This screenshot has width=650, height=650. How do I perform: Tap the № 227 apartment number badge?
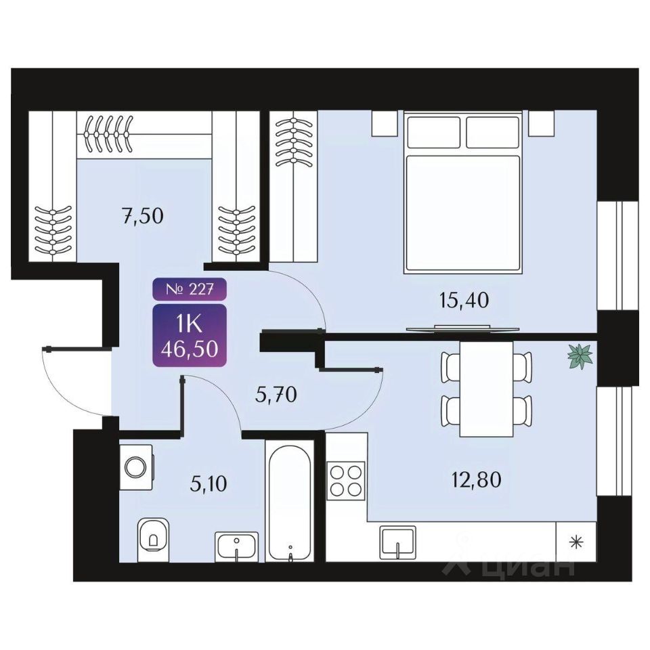pos(190,290)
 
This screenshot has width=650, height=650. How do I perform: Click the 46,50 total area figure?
pos(190,349)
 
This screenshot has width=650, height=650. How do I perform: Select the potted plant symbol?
pos(580,356)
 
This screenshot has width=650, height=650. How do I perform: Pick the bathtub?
pos(289,501)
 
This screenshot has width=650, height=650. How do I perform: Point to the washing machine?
pos(137,467)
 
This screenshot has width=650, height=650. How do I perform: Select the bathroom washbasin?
pos(236,545)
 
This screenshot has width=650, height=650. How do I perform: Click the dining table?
pos(485,389)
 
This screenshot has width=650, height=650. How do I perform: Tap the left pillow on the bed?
pos(433,131)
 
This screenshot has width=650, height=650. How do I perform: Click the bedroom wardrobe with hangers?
pos(293,186)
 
